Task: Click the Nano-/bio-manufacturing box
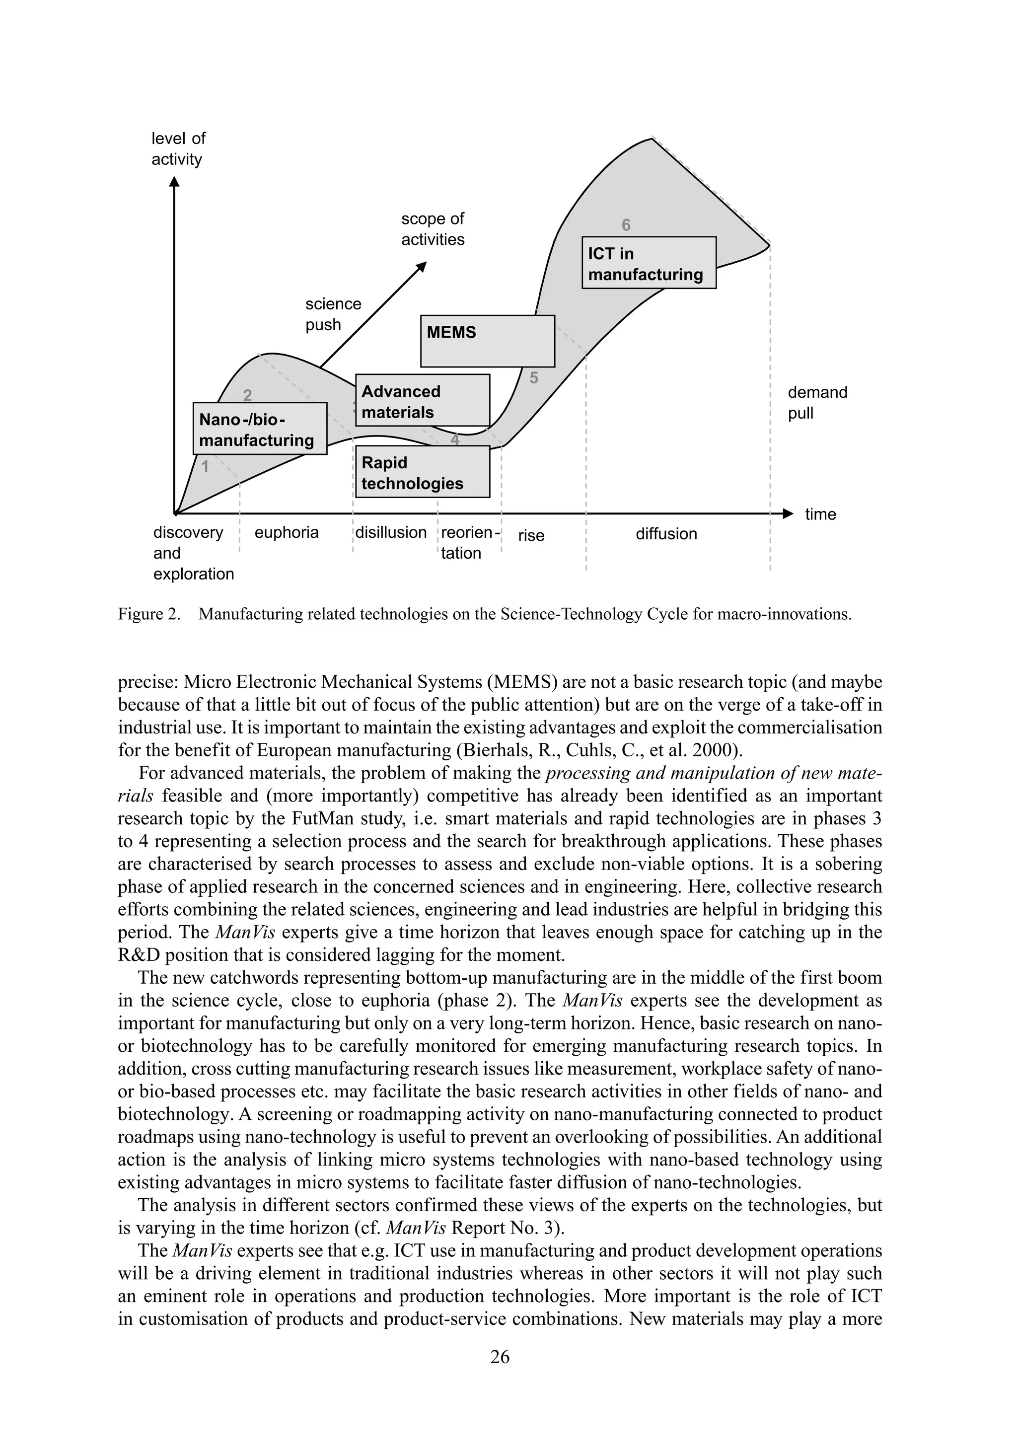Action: pos(260,429)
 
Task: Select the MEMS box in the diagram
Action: pos(487,341)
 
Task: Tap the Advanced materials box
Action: pos(422,400)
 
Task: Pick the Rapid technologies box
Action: pos(422,471)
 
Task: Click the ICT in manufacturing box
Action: pos(649,263)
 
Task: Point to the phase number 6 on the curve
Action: pos(626,224)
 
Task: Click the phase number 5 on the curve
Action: pos(533,378)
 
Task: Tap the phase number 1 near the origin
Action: pos(205,467)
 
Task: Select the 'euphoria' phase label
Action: pos(287,532)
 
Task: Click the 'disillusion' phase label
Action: pos(390,532)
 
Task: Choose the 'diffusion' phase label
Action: pos(666,533)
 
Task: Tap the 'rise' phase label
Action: pos(531,535)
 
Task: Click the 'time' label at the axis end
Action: pos(820,514)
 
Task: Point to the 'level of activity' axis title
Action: pos(178,148)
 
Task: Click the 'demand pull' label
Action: pos(816,403)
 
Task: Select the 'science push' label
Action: pos(333,314)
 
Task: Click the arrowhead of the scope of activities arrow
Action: pos(422,267)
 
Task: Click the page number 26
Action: pos(500,1356)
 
